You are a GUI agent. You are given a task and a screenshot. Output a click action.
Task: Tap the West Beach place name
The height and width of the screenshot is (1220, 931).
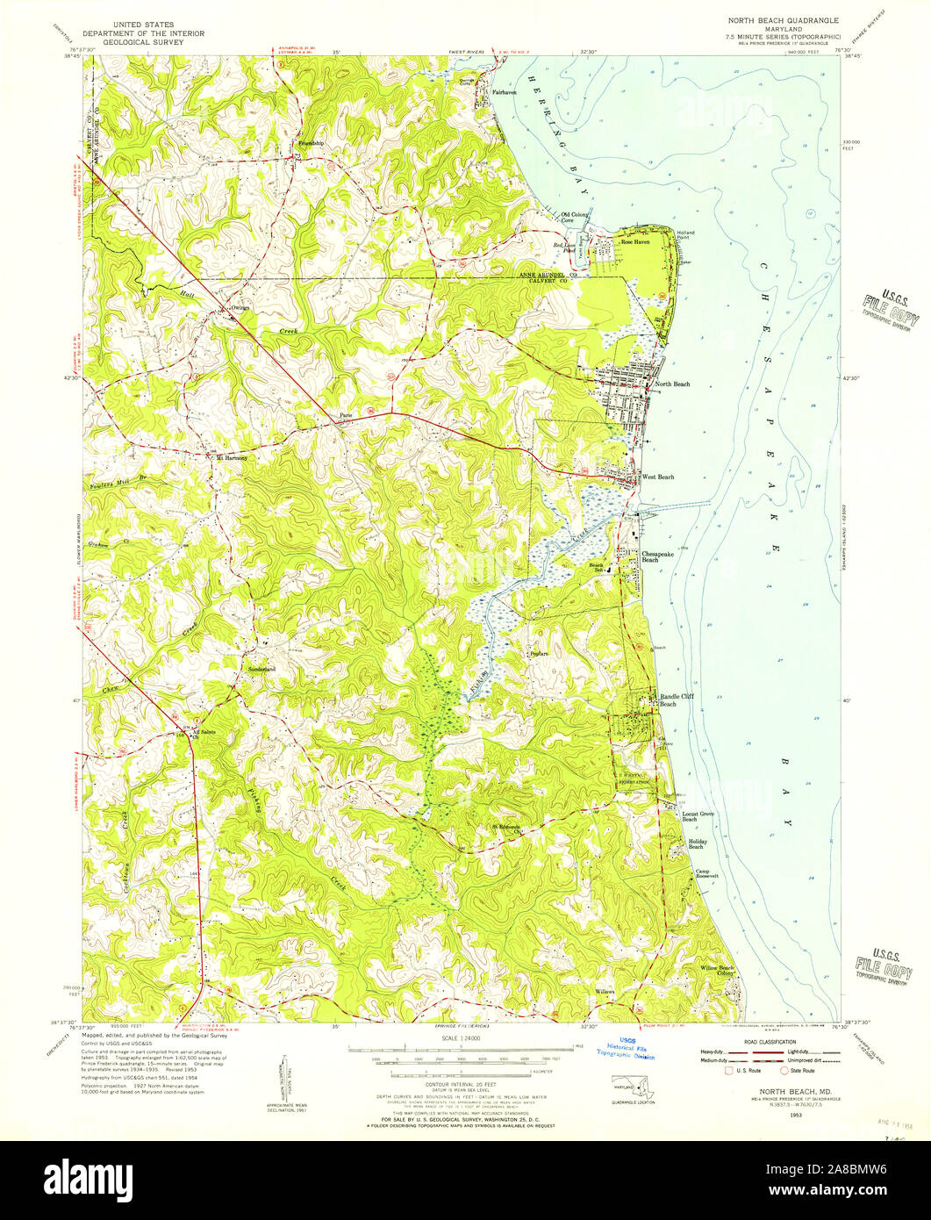[658, 477]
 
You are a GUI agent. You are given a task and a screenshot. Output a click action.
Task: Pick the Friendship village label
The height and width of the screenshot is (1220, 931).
[311, 142]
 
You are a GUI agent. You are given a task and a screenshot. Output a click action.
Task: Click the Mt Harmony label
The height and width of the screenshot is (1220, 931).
[232, 457]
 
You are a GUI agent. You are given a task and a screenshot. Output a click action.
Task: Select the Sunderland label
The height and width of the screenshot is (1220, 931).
[261, 669]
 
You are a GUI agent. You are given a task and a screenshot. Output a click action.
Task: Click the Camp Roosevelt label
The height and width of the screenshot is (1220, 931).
[707, 875]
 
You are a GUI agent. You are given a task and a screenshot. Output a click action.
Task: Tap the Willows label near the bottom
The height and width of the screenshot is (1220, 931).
[605, 991]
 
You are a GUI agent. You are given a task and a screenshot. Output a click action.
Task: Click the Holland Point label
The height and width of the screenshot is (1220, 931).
[685, 235]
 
